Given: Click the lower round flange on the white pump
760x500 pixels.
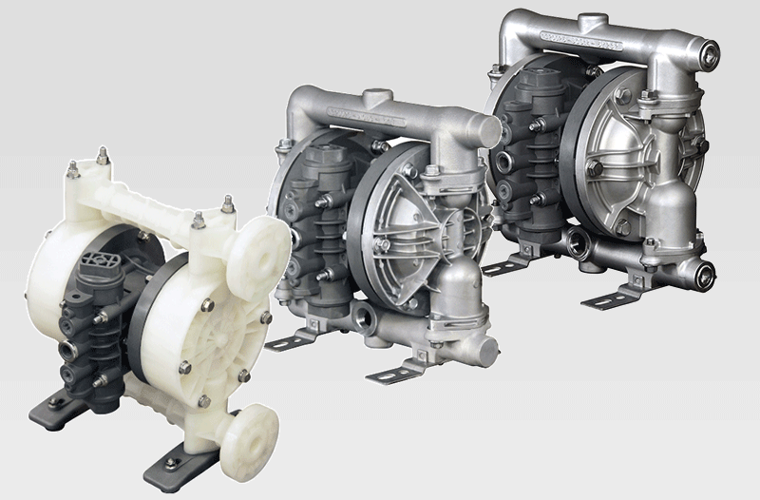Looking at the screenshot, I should point(256,435).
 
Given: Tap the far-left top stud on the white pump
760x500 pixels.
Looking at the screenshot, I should point(73,170).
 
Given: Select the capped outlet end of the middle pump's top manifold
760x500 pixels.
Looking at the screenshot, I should point(487,132).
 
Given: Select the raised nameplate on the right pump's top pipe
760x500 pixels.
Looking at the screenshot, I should point(580,41).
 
